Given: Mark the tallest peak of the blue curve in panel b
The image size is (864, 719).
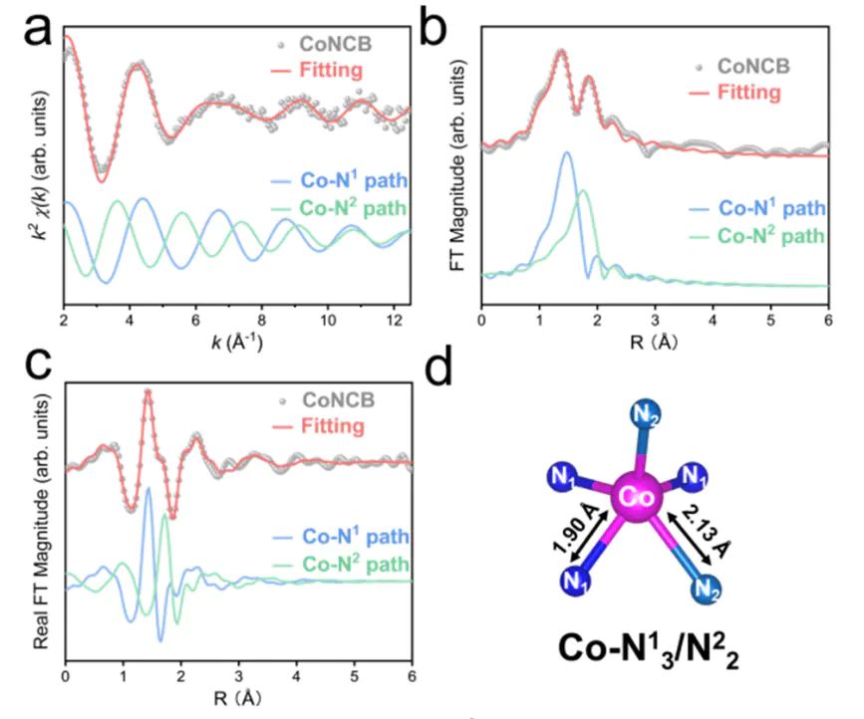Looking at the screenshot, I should [x=566, y=152].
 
